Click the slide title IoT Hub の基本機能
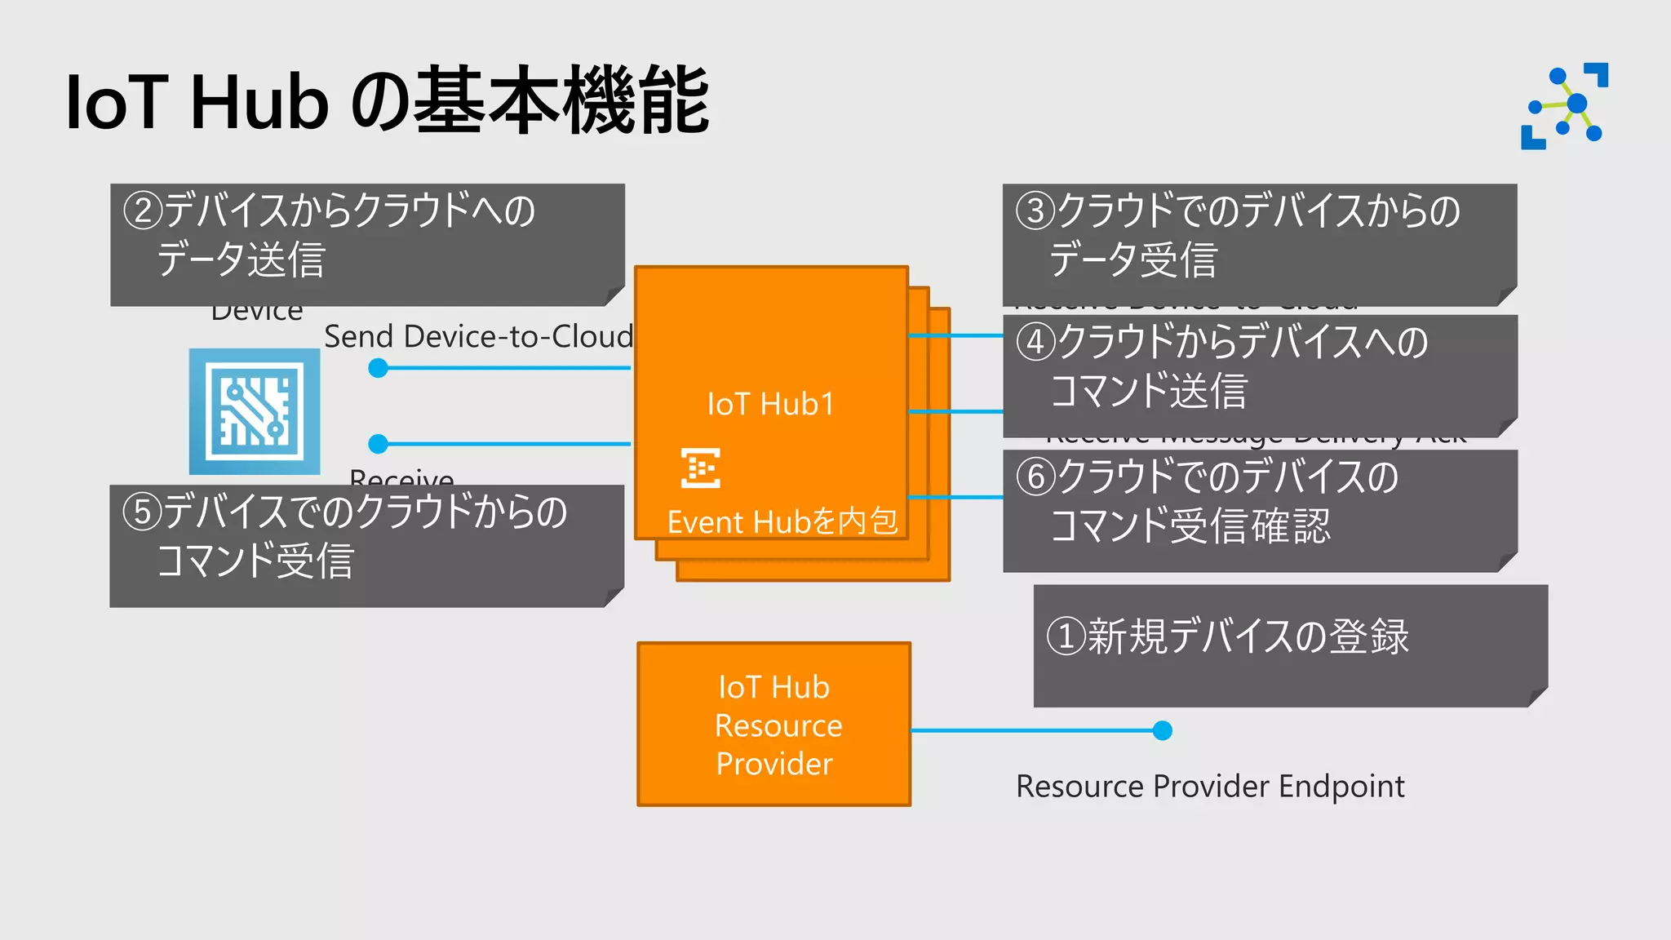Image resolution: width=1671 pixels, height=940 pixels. pyautogui.click(x=387, y=101)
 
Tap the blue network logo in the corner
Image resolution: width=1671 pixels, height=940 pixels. pyautogui.click(x=1564, y=106)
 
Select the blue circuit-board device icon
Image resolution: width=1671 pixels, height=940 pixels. pyautogui.click(x=255, y=411)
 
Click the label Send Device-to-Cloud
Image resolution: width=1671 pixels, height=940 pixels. pyautogui.click(x=478, y=336)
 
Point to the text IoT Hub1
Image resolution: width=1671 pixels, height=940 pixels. pyautogui.click(x=770, y=404)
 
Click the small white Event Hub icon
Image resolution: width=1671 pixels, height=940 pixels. pyautogui.click(x=700, y=468)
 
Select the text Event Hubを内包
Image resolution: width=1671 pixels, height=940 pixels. pyautogui.click(x=782, y=521)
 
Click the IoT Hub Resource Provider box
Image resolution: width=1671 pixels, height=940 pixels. pyautogui.click(x=773, y=725)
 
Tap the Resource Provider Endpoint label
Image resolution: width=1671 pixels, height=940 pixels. pyautogui.click(x=1209, y=787)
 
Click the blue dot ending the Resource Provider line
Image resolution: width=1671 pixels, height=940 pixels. pyautogui.click(x=1163, y=730)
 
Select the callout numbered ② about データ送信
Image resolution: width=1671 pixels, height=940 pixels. pyautogui.click(x=367, y=244)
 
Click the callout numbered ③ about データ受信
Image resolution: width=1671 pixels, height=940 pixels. pyautogui.click(x=1259, y=244)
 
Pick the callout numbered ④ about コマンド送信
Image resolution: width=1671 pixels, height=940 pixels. pyautogui.click(x=1259, y=375)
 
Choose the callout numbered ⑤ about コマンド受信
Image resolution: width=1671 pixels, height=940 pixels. pyautogui.click(x=366, y=545)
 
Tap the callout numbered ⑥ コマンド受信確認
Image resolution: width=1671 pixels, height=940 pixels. pyautogui.click(x=1259, y=510)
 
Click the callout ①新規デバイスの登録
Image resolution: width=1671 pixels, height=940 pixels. pyautogui.click(x=1289, y=645)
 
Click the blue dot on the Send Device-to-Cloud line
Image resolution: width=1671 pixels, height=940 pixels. pyautogui.click(x=378, y=368)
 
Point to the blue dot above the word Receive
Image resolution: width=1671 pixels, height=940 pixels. pyautogui.click(x=378, y=444)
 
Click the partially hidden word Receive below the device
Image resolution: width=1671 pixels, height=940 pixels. pyautogui.click(x=401, y=477)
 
